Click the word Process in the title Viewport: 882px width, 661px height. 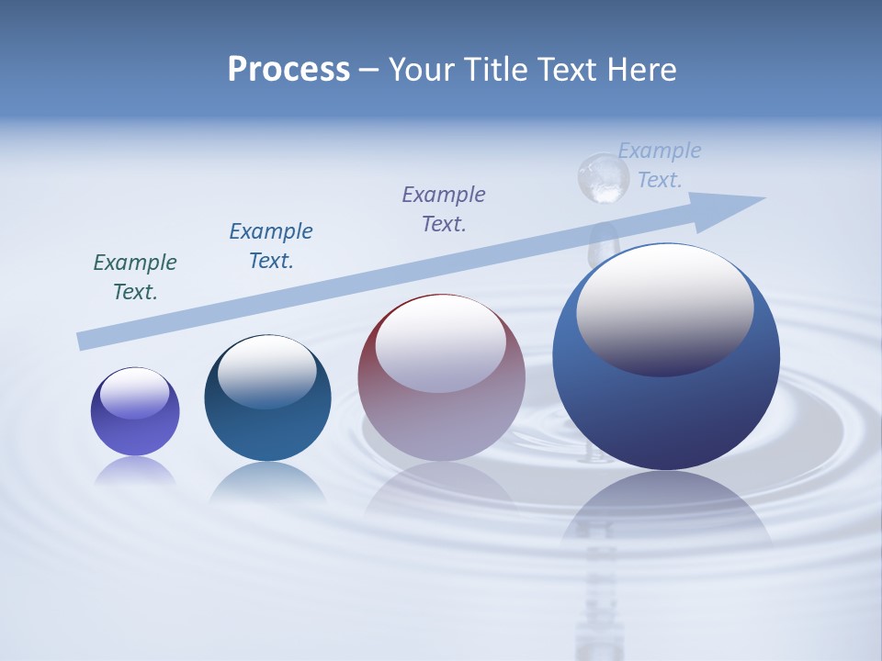288,70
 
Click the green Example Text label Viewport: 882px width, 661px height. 135,277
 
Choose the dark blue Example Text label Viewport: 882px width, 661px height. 271,246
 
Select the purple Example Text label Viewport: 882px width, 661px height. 444,209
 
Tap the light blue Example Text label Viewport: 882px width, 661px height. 660,165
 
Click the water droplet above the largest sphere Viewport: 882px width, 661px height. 602,177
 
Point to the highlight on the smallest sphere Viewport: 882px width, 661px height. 135,392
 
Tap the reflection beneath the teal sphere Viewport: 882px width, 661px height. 267,481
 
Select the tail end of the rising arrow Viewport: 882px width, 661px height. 85,341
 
